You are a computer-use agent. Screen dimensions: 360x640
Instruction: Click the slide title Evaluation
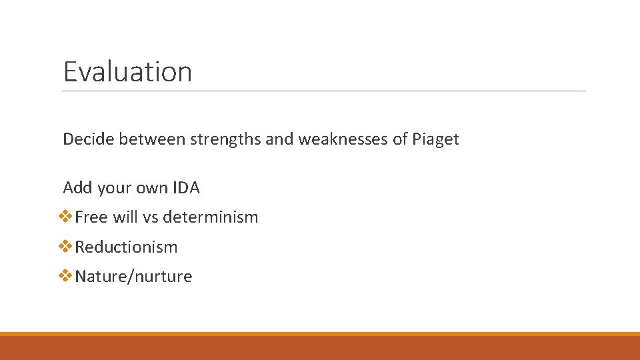pos(127,71)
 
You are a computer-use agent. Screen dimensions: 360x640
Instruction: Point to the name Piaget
pos(435,140)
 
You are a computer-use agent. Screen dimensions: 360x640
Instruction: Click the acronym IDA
pos(186,188)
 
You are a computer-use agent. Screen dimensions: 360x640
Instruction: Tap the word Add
pos(77,188)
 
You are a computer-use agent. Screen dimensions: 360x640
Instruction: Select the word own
pos(153,188)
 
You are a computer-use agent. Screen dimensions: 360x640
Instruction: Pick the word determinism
pos(210,217)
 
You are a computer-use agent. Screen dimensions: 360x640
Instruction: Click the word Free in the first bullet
pos(91,217)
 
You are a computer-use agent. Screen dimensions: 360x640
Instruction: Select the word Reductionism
pos(126,247)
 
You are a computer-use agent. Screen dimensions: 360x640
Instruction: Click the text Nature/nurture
pos(133,277)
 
